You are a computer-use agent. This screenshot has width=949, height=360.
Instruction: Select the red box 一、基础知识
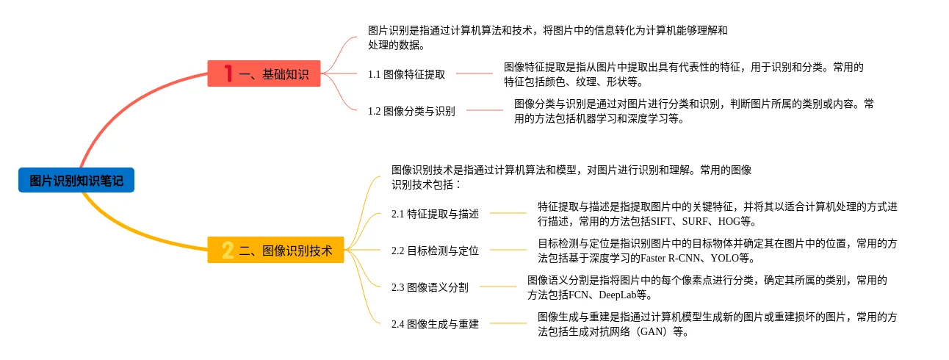[x=264, y=73]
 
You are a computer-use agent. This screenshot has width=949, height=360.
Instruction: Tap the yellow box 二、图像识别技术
[x=275, y=251]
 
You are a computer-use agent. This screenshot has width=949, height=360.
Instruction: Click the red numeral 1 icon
[x=228, y=73]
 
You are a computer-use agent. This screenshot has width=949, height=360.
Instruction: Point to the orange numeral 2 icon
[x=228, y=251]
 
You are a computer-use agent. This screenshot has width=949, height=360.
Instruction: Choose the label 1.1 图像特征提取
[x=406, y=74]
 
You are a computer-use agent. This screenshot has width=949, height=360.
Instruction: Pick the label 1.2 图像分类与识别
[x=411, y=111]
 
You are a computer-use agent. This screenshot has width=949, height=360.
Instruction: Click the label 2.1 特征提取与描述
[x=435, y=214]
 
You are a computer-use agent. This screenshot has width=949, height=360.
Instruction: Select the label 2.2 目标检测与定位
[x=435, y=251]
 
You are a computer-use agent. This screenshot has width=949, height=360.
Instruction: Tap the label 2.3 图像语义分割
[x=430, y=287]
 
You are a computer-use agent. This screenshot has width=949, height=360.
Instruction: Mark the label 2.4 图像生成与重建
[x=435, y=324]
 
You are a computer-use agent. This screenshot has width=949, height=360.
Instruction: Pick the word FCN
[x=580, y=295]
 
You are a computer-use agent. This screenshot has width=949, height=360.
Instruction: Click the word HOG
[x=730, y=221]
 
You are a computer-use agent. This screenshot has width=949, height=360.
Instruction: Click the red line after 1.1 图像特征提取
[x=474, y=73]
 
